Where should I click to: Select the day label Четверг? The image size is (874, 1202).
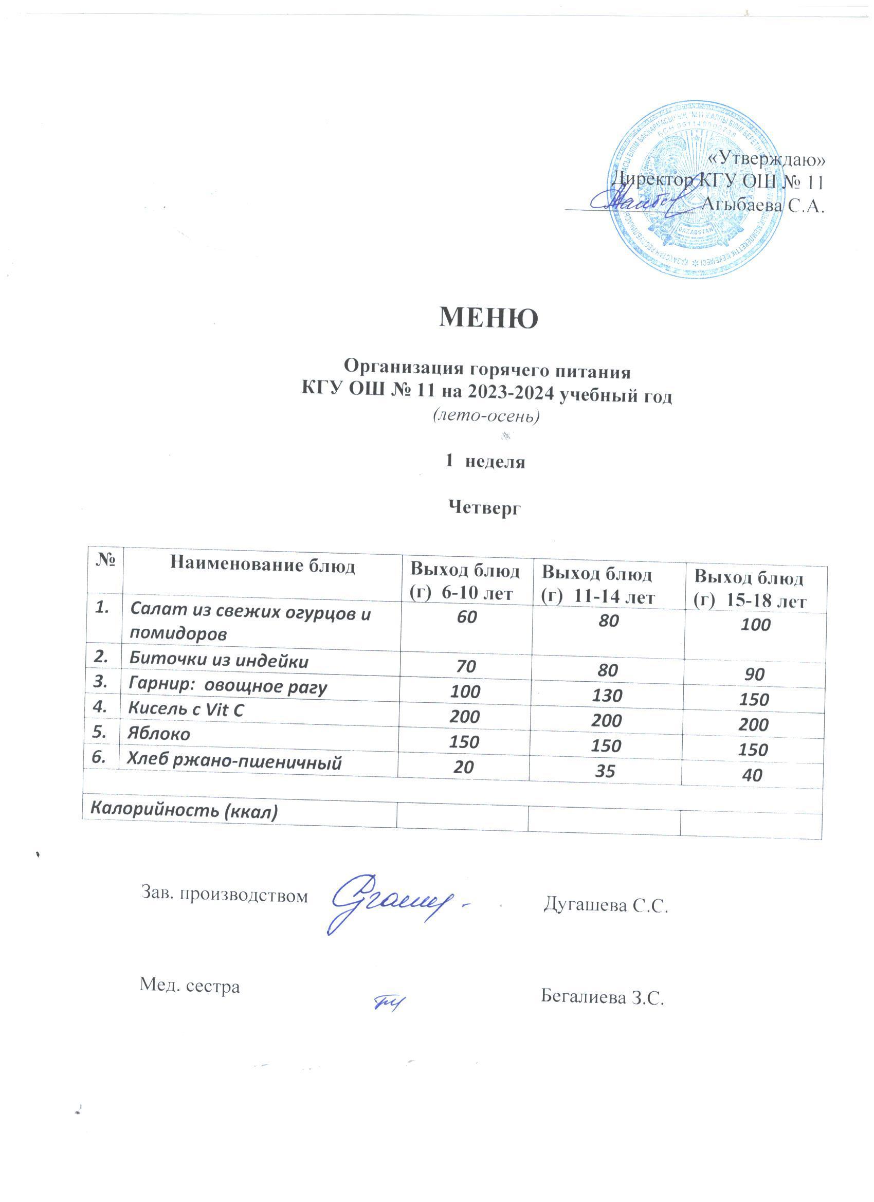coord(485,508)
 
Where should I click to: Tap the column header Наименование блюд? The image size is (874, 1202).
coord(262,566)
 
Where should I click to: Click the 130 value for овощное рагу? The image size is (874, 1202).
coord(607,695)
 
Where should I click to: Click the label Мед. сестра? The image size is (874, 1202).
coord(190,986)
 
